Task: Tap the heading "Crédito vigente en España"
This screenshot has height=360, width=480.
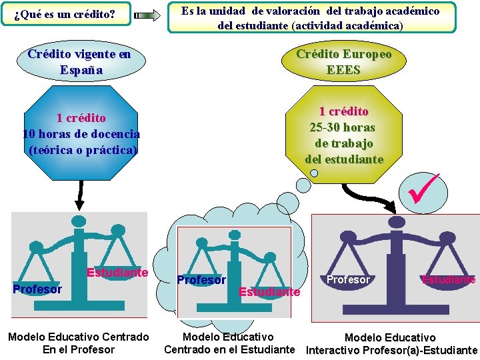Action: pos(79,62)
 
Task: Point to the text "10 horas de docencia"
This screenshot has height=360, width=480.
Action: pos(81,134)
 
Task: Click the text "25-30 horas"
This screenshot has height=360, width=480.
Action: pos(343,127)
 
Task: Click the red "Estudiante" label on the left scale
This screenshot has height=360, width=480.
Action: pos(117,272)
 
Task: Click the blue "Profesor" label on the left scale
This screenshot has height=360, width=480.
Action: pos(37,289)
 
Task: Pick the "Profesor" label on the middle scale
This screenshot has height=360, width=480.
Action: pos(201,280)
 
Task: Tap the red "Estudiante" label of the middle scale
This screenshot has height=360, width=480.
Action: pos(269,292)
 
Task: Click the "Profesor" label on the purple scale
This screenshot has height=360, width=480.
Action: pos(349,279)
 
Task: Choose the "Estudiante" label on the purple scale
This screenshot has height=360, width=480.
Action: pos(448,279)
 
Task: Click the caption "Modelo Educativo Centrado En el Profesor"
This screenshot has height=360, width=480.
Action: pos(79,343)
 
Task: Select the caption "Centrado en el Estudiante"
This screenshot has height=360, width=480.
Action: pos(229,349)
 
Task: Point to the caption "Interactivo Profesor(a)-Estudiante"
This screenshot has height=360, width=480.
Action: pos(391,350)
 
